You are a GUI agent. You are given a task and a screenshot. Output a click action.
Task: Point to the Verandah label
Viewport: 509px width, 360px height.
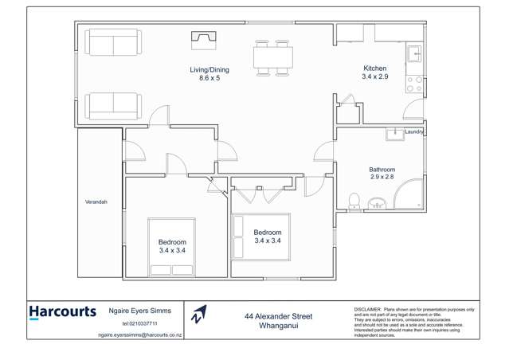tap(96, 202)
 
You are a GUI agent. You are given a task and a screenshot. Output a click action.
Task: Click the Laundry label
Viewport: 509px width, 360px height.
tap(413, 131)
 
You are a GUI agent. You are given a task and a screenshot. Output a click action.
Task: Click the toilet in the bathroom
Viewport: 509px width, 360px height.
tap(354, 202)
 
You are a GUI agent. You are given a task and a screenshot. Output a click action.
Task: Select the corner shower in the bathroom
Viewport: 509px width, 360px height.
tap(410, 194)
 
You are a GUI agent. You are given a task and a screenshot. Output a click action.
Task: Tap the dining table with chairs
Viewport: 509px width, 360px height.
tap(272, 57)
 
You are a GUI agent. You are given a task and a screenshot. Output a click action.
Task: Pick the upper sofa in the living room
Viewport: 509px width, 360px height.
tap(112, 42)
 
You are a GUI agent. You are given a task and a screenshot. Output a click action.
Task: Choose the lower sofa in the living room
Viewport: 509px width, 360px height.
tap(112, 105)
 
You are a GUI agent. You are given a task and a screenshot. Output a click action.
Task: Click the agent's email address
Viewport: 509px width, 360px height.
tap(139, 335)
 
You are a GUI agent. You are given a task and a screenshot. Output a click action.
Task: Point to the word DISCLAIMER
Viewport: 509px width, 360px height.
tap(367, 308)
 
